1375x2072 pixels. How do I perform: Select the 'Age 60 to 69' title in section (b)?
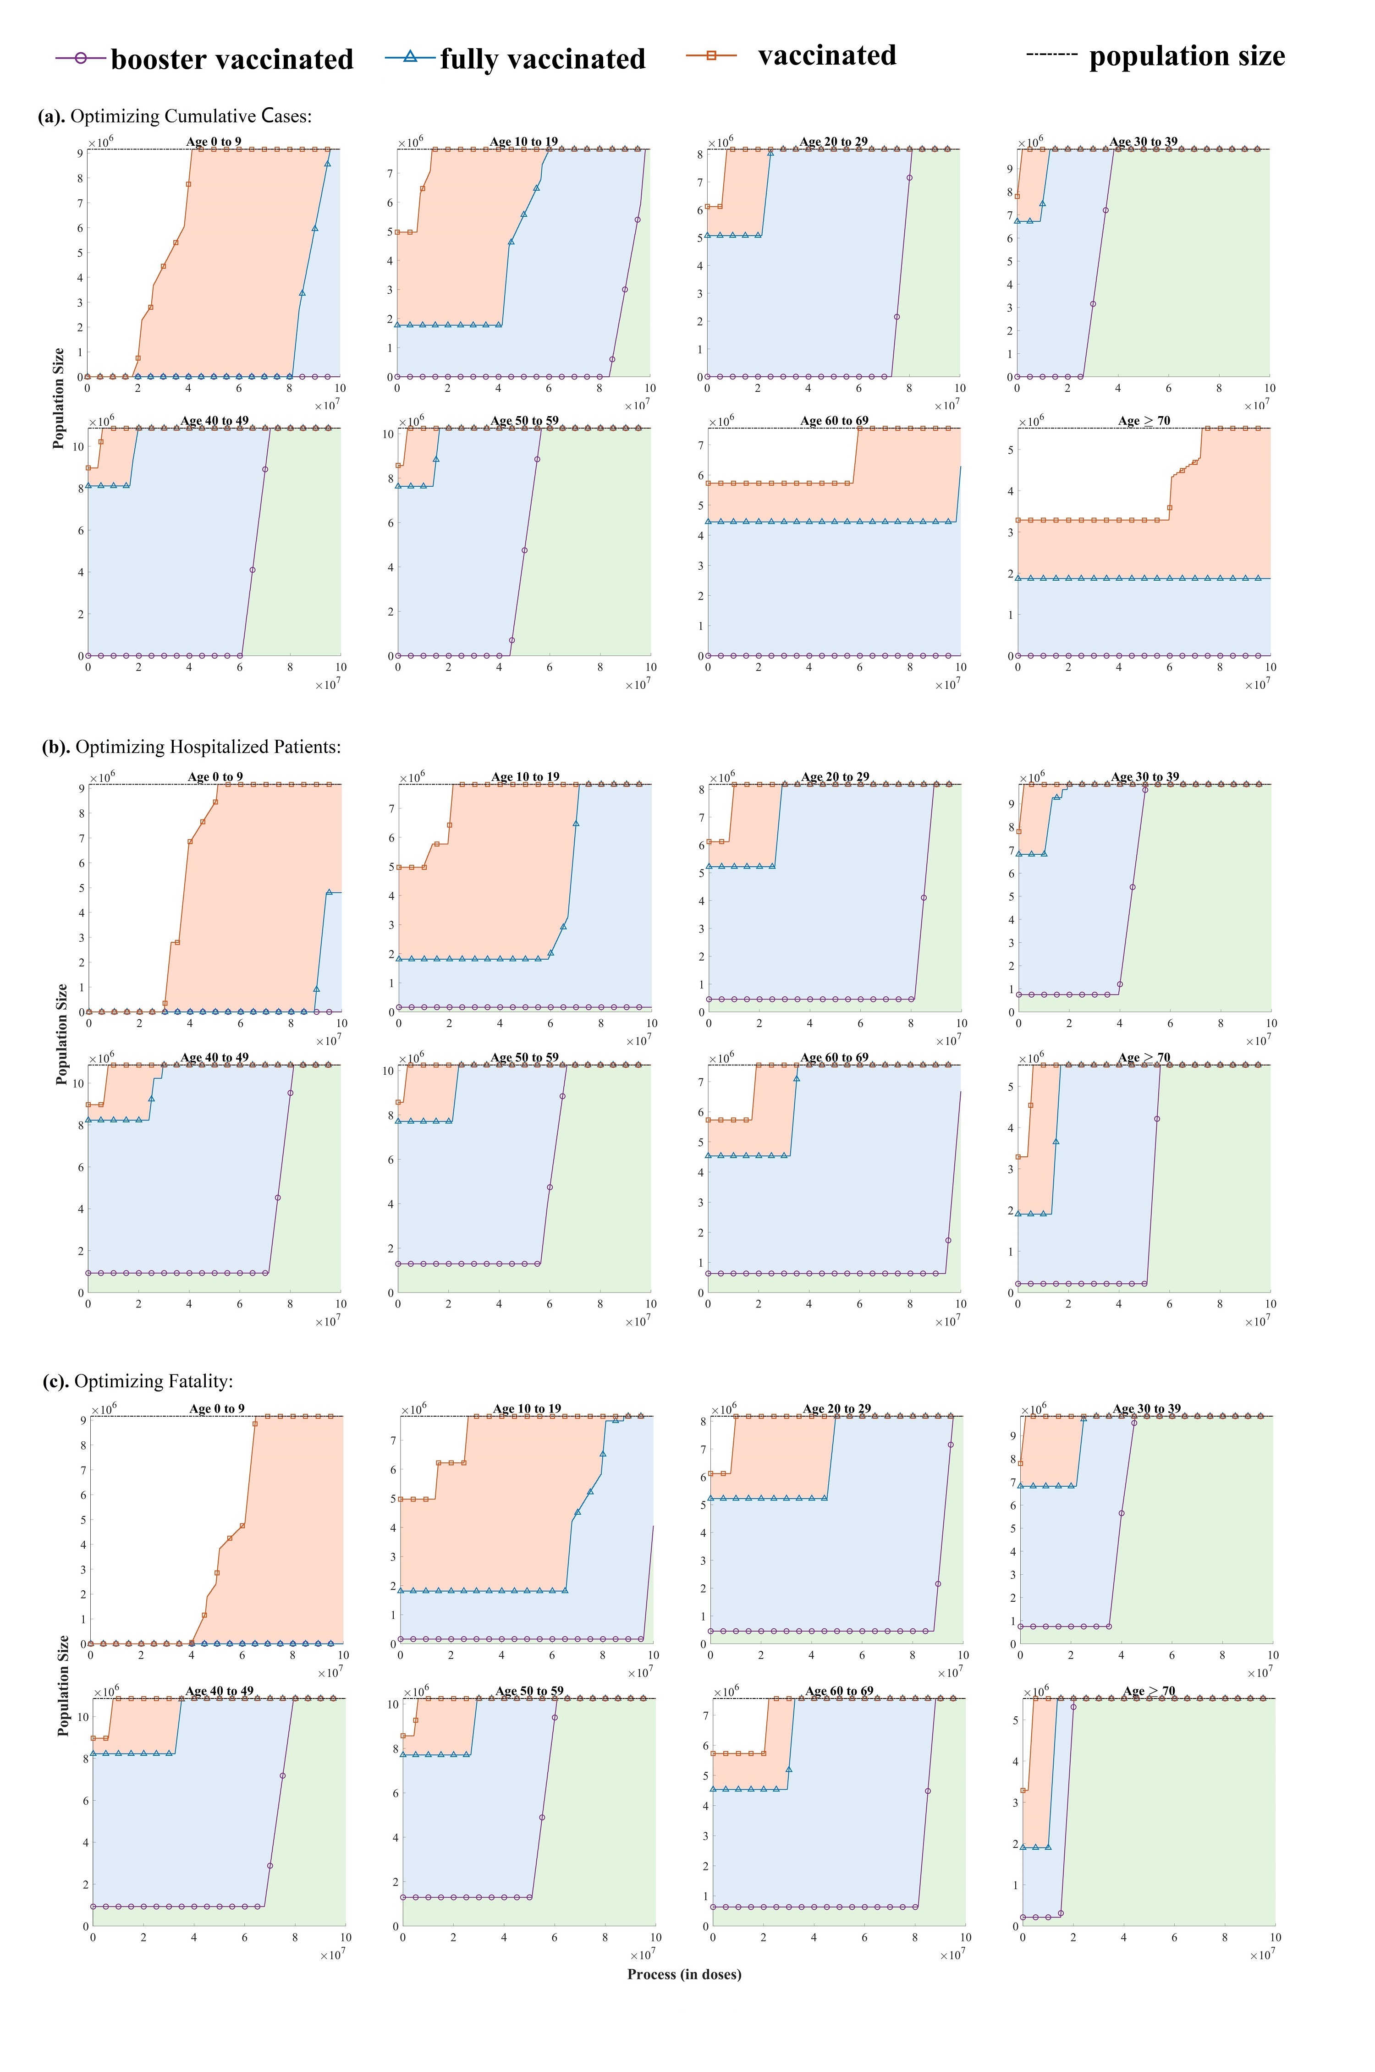(834, 1057)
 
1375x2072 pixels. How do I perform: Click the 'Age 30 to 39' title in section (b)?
(1144, 777)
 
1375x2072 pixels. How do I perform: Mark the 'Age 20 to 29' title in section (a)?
(833, 142)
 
